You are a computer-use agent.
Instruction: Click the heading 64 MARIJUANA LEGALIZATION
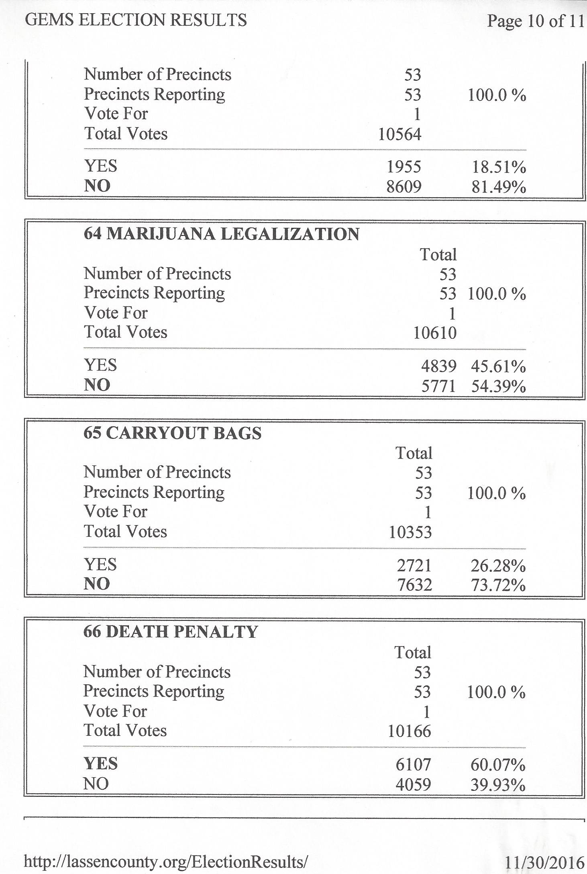tap(221, 234)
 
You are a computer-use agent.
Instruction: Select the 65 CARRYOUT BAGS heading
tap(172, 433)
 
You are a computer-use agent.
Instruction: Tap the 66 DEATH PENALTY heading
tap(170, 631)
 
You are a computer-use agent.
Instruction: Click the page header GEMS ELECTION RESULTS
tap(136, 20)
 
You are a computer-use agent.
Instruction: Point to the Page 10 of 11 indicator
tap(536, 21)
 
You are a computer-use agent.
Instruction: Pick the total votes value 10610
tap(435, 333)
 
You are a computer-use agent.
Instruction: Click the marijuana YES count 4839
tap(438, 366)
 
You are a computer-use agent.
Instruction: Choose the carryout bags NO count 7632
tap(414, 584)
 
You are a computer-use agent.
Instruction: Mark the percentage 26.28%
tap(498, 565)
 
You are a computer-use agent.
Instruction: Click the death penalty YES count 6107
tap(413, 764)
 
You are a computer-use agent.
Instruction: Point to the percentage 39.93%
tap(498, 784)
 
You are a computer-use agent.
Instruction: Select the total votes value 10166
tap(409, 731)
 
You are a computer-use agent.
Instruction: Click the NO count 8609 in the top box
tap(404, 186)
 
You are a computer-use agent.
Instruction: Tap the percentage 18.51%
tap(499, 167)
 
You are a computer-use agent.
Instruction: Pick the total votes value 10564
tap(400, 134)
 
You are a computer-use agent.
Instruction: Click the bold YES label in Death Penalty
tap(100, 763)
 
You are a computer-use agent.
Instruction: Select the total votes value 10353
tap(410, 532)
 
